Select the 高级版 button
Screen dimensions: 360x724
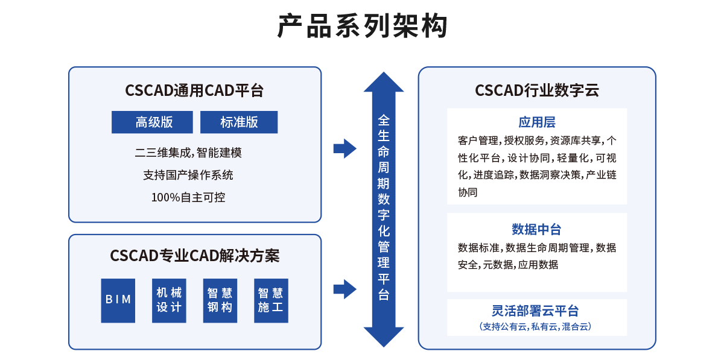pyautogui.click(x=152, y=122)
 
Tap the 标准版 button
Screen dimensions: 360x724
pyautogui.click(x=239, y=122)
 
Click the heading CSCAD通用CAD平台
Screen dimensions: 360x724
pyautogui.click(x=194, y=91)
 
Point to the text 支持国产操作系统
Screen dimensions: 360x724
pyautogui.click(x=188, y=175)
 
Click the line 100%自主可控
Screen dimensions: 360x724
pyautogui.click(x=188, y=197)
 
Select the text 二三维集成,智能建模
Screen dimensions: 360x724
pyautogui.click(x=188, y=153)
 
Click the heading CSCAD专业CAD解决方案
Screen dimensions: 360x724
pyautogui.click(x=194, y=256)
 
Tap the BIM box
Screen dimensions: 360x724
pyautogui.click(x=118, y=300)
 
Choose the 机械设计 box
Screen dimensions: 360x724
pyautogui.click(x=169, y=300)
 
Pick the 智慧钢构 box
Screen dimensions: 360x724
pyautogui.click(x=220, y=300)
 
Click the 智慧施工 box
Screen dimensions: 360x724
pyautogui.click(x=271, y=300)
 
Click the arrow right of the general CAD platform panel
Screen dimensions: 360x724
pyautogui.click(x=345, y=148)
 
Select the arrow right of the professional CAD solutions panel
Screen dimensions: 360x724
pyautogui.click(x=345, y=289)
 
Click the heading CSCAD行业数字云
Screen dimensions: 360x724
pyautogui.click(x=536, y=91)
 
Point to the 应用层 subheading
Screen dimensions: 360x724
pyautogui.click(x=536, y=122)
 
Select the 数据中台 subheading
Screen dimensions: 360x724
pyautogui.click(x=536, y=229)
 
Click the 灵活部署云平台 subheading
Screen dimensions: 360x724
pyautogui.click(x=536, y=311)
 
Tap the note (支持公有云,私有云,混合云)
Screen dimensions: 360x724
pyautogui.click(x=536, y=327)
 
